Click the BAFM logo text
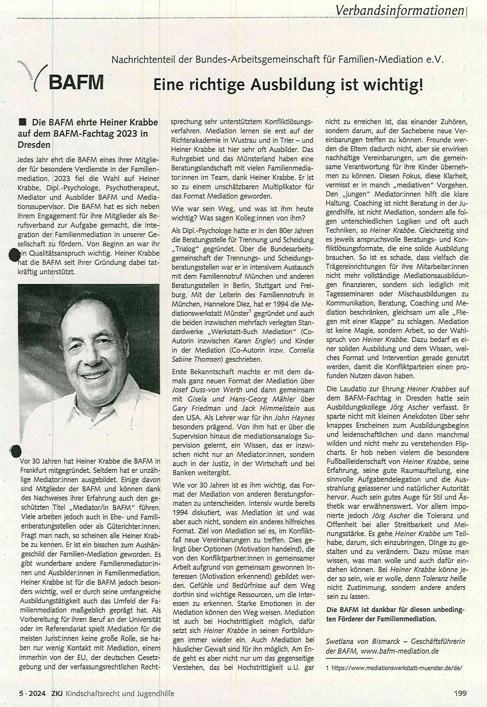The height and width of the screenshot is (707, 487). coord(76,83)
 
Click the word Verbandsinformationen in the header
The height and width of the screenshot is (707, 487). coord(400,11)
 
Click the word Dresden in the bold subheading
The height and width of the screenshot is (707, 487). coord(34,145)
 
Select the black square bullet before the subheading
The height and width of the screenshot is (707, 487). coord(22,122)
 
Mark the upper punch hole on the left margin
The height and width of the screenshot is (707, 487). coord(13,255)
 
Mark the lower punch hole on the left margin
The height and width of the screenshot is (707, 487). coord(15,451)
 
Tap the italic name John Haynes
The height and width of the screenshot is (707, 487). coord(295,417)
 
